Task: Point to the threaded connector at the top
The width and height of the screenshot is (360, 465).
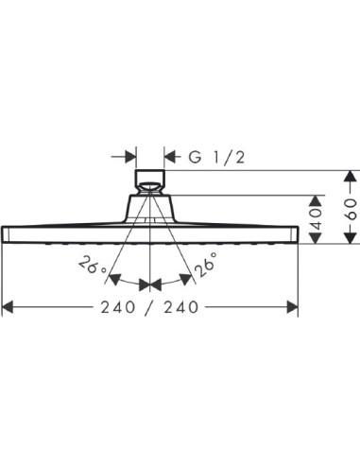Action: coord(151,180)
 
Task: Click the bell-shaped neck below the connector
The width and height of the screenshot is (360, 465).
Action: coord(151,205)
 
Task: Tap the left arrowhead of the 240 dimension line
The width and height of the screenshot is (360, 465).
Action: coord(9,306)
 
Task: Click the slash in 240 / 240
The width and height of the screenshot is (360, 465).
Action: coord(151,306)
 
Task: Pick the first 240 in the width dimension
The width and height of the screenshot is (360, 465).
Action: coord(116,306)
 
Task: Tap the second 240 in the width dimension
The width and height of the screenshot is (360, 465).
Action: coord(186,306)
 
